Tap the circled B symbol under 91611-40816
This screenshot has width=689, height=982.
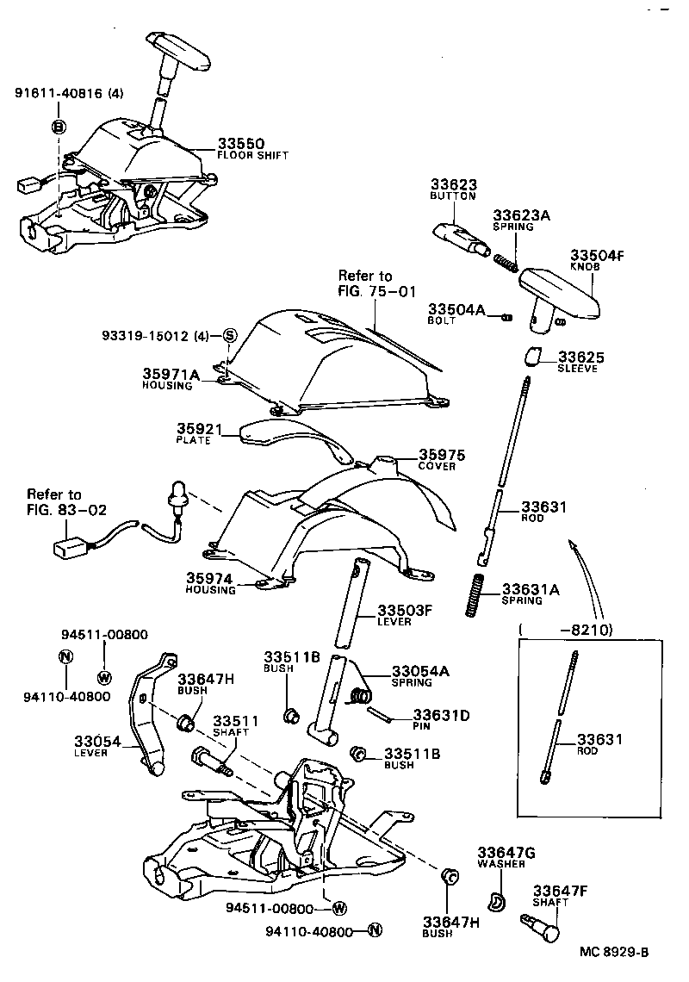[59, 127]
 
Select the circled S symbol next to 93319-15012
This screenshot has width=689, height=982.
[230, 335]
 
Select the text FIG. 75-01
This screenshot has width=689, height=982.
[378, 290]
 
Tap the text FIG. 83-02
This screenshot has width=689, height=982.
[66, 509]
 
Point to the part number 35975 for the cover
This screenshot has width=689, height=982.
[443, 453]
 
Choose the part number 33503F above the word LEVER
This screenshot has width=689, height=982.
[404, 610]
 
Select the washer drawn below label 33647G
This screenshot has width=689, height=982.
[495, 901]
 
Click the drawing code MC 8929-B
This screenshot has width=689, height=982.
[613, 952]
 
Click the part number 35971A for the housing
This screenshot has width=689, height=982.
[171, 374]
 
